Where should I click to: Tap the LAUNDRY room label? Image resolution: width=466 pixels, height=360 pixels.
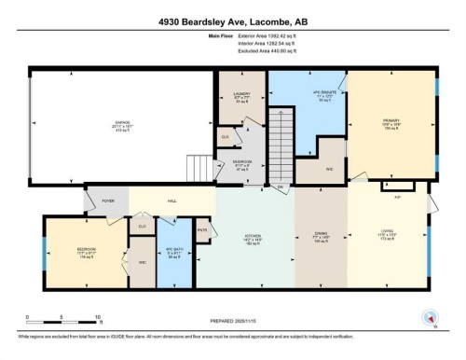click(241, 94)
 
